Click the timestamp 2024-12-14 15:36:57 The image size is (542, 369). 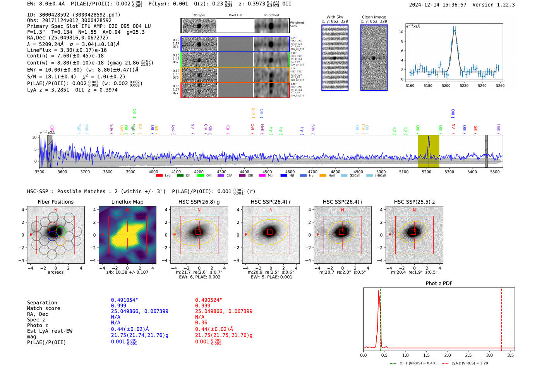click(437, 5)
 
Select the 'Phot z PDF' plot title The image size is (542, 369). click(439, 283)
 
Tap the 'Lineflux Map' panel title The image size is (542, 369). click(127, 202)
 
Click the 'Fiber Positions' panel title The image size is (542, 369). click(55, 202)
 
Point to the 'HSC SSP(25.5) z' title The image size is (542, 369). click(414, 202)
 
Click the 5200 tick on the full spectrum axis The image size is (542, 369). click(426, 172)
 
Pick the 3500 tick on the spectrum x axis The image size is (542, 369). click(39, 172)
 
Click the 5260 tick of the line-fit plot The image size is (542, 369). click(500, 86)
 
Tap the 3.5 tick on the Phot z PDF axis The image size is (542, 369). click(511, 355)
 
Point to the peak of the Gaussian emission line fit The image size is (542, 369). click(454, 30)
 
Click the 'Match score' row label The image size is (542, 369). click(43, 309)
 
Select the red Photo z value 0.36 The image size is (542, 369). click(201, 323)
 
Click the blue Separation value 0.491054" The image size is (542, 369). click(124, 300)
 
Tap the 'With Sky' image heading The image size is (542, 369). click(335, 17)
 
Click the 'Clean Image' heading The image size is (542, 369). click(374, 17)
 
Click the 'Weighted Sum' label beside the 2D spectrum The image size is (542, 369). click(297, 24)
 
